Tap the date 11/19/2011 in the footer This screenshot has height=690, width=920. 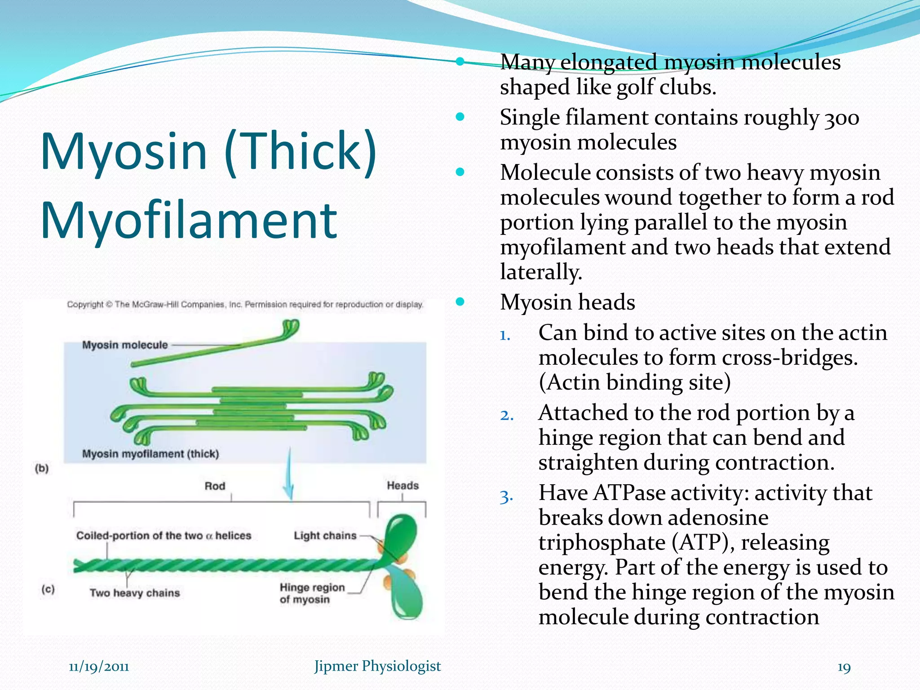pyautogui.click(x=99, y=666)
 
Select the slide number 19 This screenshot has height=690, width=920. pyautogui.click(x=844, y=668)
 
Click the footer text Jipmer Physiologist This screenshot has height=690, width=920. pyautogui.click(x=377, y=666)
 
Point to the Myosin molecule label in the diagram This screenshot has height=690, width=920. pyautogui.click(x=125, y=345)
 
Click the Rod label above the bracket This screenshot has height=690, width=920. pyautogui.click(x=215, y=486)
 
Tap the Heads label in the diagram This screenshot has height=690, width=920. pyautogui.click(x=402, y=486)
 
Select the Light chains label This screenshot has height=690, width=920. pyautogui.click(x=325, y=535)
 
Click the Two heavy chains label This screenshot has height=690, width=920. pyautogui.click(x=135, y=593)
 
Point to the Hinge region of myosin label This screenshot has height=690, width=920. pyautogui.click(x=312, y=593)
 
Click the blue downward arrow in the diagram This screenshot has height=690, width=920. pyautogui.click(x=289, y=476)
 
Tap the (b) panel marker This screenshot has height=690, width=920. pyautogui.click(x=42, y=468)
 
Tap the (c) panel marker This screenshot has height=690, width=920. pyautogui.click(x=48, y=589)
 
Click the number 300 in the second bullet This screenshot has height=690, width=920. pyautogui.click(x=842, y=118)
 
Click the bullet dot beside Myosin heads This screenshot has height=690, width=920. pyautogui.click(x=460, y=301)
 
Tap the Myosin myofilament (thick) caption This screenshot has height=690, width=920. pyautogui.click(x=150, y=454)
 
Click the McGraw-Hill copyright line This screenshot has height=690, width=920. pyautogui.click(x=245, y=305)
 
